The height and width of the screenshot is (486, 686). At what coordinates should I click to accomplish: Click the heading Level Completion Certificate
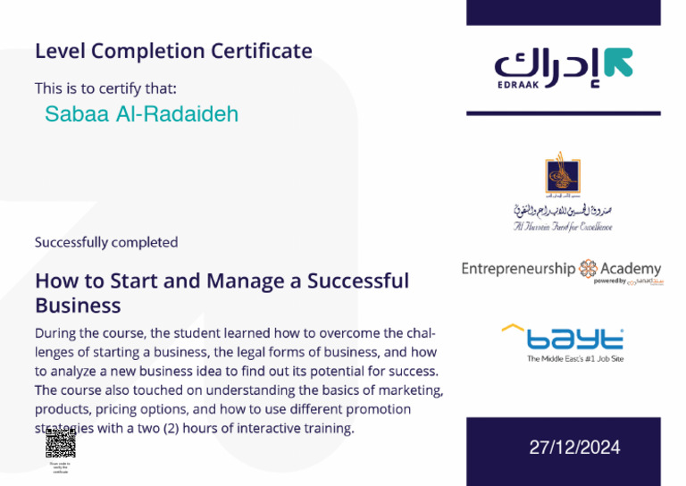[x=173, y=51]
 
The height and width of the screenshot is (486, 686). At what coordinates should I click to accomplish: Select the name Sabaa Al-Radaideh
[x=141, y=114]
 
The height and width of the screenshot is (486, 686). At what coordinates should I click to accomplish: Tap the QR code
[x=60, y=443]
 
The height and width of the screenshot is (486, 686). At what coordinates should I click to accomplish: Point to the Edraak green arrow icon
[x=618, y=62]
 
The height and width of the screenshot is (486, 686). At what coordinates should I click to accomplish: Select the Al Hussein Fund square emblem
[x=563, y=173]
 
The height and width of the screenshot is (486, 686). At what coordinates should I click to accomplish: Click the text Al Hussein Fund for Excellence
[x=563, y=227]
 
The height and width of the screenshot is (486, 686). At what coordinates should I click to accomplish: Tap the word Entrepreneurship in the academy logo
[x=518, y=268]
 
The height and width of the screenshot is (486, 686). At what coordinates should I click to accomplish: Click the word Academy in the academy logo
[x=632, y=268]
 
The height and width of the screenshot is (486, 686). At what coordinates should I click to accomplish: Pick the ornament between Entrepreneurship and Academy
[x=589, y=268]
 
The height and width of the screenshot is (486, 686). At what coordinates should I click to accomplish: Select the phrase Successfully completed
[x=106, y=242]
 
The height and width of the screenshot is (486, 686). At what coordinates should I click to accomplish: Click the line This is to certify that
[x=105, y=88]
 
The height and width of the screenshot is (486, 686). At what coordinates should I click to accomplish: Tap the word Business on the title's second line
[x=78, y=306]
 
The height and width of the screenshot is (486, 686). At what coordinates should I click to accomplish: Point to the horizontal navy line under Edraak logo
[x=564, y=113]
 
